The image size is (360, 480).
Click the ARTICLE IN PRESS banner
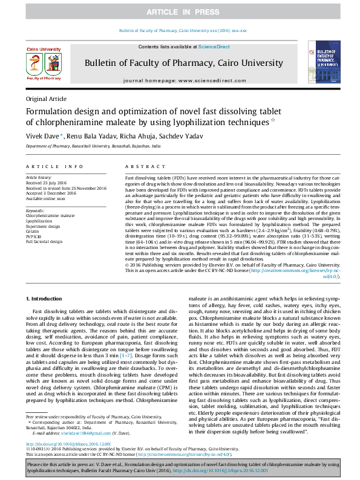pos(180,12)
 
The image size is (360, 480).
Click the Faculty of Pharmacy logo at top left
pos(43,62)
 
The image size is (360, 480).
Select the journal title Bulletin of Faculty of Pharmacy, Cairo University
pos(180,62)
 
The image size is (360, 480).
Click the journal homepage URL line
pos(180,80)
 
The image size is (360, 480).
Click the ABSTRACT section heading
pos(141,166)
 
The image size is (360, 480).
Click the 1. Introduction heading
pos(47,299)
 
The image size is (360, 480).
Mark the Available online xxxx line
pos(45,198)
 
